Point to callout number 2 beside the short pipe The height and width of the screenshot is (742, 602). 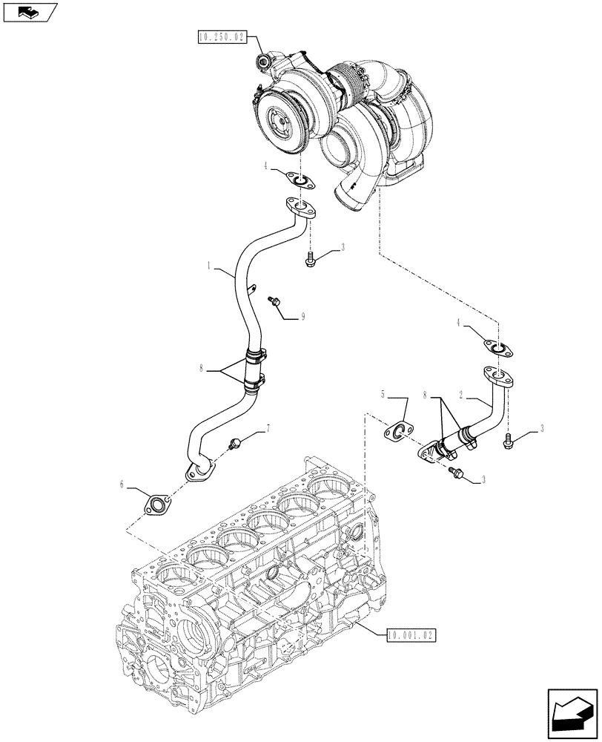[x=462, y=398]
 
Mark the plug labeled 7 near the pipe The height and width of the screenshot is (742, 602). [x=236, y=443]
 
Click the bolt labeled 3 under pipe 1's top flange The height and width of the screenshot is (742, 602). [x=310, y=258]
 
